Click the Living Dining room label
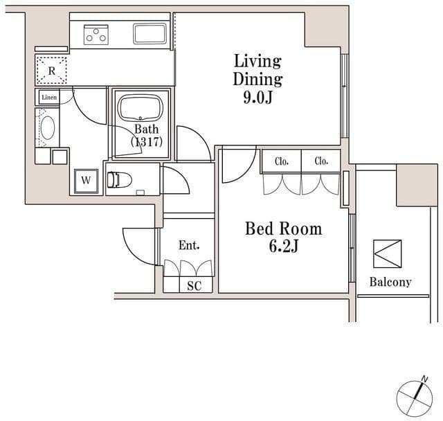[257, 69]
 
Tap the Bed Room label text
[283, 229]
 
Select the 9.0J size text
[257, 97]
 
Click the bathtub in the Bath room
[140, 109]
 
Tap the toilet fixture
[120, 179]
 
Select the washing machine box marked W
[87, 180]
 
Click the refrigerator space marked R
[52, 69]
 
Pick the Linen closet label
[48, 98]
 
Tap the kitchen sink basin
[149, 33]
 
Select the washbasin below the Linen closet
[48, 129]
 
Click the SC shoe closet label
[194, 285]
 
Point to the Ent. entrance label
[189, 245]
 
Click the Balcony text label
[390, 282]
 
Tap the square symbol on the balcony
[387, 253]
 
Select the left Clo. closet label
[282, 161]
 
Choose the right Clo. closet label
[321, 161]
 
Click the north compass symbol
[414, 398]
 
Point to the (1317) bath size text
[146, 142]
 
